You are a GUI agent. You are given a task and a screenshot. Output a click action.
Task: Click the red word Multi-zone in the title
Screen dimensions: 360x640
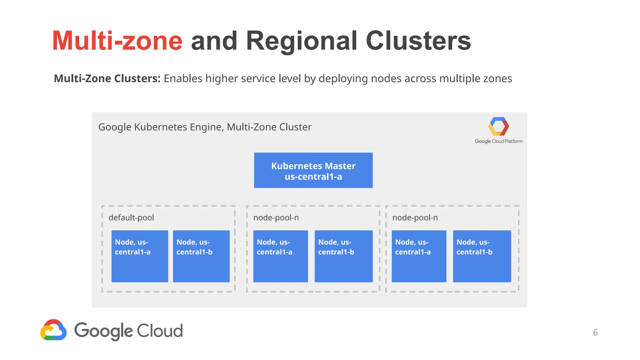click(117, 41)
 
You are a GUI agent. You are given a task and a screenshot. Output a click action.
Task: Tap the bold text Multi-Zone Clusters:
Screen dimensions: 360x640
click(107, 78)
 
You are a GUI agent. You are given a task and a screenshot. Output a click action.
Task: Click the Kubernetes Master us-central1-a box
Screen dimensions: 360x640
click(313, 170)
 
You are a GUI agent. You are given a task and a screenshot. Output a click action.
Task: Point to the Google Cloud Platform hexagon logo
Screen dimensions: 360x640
click(498, 127)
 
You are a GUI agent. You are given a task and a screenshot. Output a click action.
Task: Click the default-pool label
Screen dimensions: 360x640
click(131, 217)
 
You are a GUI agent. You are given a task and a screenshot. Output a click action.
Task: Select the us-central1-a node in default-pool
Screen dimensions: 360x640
click(140, 256)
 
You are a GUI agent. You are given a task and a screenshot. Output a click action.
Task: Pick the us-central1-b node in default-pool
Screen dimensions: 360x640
click(201, 256)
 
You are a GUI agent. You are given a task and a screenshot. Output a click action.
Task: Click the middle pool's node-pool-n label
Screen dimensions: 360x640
click(276, 217)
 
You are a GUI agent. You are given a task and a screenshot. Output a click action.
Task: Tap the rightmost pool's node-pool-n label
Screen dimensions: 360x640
click(415, 217)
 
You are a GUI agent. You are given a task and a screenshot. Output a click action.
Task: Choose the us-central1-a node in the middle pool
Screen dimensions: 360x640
click(280, 256)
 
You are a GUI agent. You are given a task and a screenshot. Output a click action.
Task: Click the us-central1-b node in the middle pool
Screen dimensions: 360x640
click(343, 256)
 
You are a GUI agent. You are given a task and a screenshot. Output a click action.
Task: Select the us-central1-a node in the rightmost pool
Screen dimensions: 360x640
click(419, 256)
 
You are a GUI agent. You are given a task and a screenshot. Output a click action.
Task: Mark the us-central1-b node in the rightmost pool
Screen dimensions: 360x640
click(482, 256)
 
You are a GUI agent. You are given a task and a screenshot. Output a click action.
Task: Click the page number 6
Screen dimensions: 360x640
click(595, 332)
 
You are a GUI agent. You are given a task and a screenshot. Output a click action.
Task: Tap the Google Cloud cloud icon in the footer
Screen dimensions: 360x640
click(53, 330)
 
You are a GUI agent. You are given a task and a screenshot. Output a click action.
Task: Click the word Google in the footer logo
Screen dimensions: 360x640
click(103, 331)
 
